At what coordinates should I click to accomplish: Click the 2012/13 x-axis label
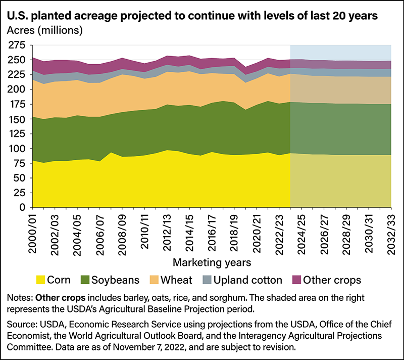(x=167, y=230)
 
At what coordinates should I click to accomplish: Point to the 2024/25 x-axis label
(x=301, y=230)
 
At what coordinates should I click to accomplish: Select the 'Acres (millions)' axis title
(x=44, y=30)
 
